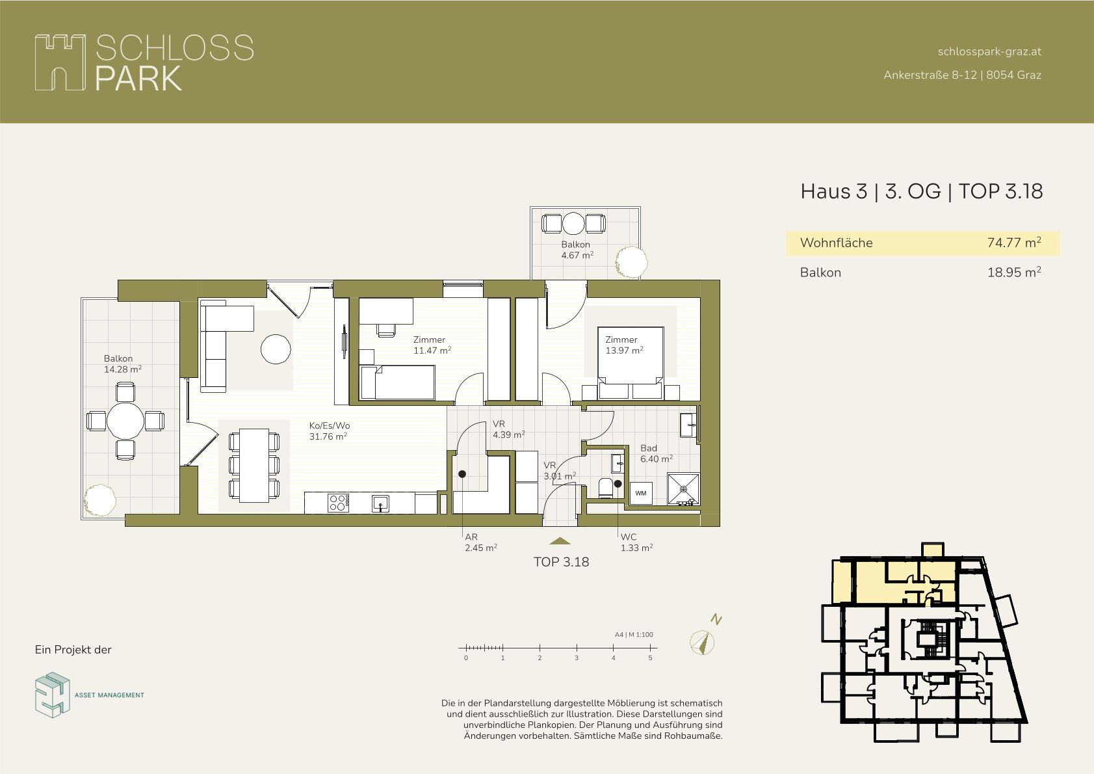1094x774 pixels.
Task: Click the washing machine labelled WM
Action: click(641, 494)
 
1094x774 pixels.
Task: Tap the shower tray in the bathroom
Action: click(683, 488)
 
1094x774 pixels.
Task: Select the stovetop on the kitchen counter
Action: click(338, 503)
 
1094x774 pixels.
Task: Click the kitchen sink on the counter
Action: click(380, 503)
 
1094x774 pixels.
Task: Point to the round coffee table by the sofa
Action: click(276, 349)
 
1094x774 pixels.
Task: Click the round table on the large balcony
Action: click(125, 421)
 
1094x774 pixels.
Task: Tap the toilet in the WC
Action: click(606, 488)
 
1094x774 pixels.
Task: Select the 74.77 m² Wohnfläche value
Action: click(1014, 243)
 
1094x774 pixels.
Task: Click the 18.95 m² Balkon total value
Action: click(1014, 272)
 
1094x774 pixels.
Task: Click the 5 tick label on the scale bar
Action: click(650, 658)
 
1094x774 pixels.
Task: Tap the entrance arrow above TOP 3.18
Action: click(560, 541)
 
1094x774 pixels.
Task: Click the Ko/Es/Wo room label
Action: click(330, 425)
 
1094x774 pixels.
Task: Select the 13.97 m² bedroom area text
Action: click(624, 351)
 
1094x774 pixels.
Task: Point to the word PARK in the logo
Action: click(138, 79)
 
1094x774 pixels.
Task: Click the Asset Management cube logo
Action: click(52, 695)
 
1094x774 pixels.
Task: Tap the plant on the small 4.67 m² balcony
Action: click(631, 262)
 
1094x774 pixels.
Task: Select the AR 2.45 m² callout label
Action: click(480, 542)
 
